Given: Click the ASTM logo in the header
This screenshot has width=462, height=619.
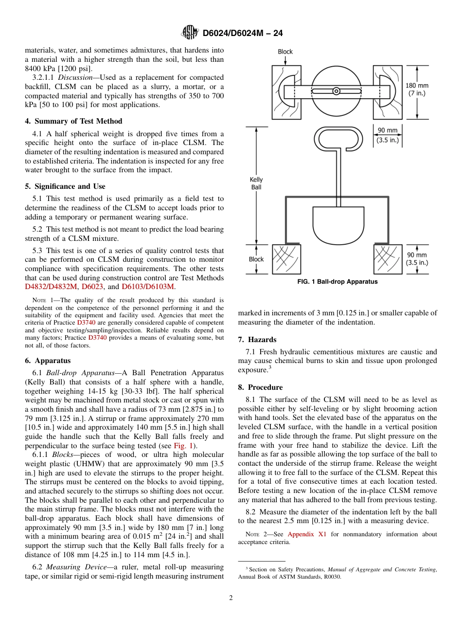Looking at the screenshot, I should point(190,33).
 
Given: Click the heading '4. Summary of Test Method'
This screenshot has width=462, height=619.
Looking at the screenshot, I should point(73,121).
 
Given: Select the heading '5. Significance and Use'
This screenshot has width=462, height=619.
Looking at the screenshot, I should point(65,186).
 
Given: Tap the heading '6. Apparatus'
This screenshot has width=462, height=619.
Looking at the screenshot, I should point(48,361).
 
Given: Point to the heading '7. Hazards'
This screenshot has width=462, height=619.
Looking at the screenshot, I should point(257,340).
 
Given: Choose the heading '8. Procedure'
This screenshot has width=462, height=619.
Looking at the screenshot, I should point(260,387).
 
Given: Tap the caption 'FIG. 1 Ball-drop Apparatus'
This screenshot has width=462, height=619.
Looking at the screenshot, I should point(338,282).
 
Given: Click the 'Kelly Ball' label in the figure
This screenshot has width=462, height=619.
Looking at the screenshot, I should point(256,183).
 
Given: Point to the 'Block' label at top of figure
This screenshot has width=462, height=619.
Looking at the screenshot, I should point(285,52).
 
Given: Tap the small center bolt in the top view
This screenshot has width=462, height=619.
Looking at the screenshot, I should point(337,91).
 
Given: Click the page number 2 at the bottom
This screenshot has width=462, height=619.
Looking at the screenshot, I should point(231,598).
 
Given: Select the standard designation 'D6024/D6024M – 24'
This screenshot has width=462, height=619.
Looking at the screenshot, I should point(243,33).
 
